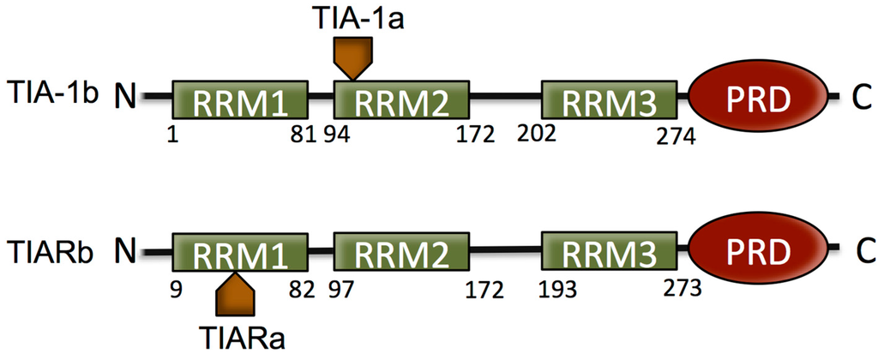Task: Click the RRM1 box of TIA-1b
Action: pos(239,101)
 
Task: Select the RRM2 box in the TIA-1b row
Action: pos(402,101)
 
